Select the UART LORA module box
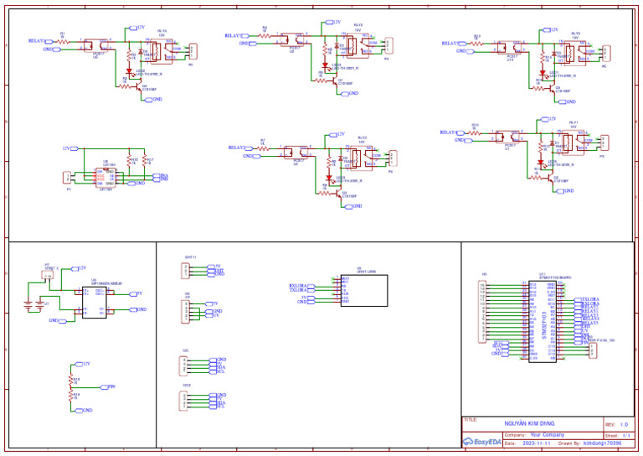pos(363,290)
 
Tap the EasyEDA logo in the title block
pos(481,442)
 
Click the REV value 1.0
pos(624,424)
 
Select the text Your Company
pos(548,435)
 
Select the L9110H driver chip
pos(105,176)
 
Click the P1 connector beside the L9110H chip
pos(69,177)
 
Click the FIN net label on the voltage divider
pos(111,386)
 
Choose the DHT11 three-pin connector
pos(186,270)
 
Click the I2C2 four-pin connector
pos(184,402)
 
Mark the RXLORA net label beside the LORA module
pos(298,285)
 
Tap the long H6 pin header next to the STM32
pos(481,312)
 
